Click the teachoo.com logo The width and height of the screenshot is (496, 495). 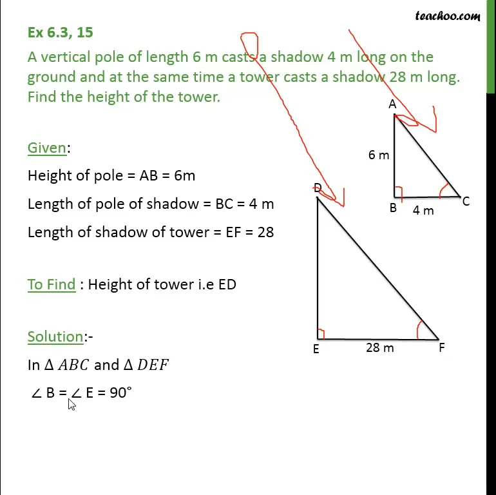coord(448,15)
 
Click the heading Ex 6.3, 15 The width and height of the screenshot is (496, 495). coord(60,32)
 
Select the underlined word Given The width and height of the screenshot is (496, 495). coord(47,148)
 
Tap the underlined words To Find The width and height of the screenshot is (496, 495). coord(52,284)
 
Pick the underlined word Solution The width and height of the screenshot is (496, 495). coord(55,336)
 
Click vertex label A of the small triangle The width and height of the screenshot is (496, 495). coord(392,104)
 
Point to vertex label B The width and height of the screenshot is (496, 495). coord(392,208)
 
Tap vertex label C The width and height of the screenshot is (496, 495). coord(466,202)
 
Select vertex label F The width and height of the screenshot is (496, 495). coord(442,348)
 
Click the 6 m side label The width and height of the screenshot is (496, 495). coord(379,155)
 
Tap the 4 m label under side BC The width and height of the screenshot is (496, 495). coord(423,210)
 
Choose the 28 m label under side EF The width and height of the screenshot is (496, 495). coord(379,348)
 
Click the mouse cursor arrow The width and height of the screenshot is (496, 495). coord(71,404)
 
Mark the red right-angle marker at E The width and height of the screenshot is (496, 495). coord(321,334)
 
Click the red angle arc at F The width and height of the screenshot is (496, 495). coord(420,329)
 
